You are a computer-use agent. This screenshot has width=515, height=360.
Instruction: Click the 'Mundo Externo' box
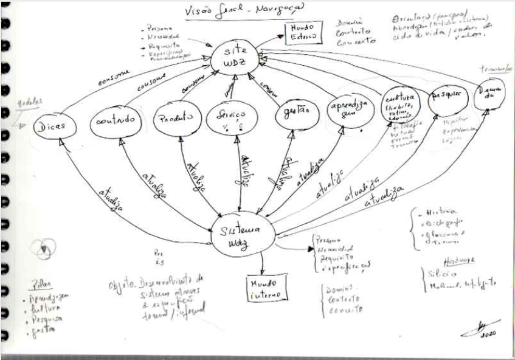302,33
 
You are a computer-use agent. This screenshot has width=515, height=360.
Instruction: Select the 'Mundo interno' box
263,289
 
